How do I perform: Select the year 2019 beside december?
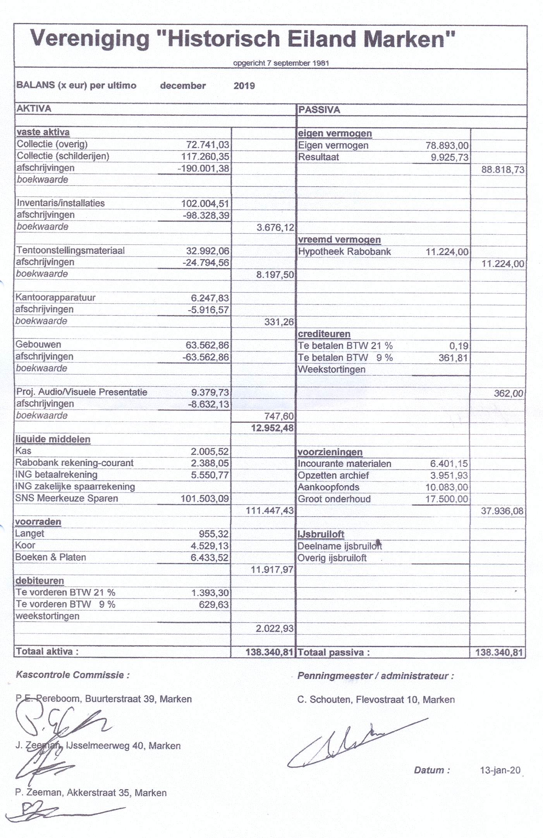point(244,86)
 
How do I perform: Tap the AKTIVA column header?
point(34,108)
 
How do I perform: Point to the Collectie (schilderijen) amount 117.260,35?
point(205,157)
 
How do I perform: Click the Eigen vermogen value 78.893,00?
point(447,146)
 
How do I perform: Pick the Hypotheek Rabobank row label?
point(344,252)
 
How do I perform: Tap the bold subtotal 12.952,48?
point(272,428)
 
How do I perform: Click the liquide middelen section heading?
point(53,439)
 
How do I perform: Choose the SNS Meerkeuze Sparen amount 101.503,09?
point(205,499)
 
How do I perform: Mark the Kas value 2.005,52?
point(210,451)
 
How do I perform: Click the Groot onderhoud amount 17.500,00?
point(447,499)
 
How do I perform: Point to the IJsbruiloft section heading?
point(321,534)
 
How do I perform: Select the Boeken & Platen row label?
point(50,558)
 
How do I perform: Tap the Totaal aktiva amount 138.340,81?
point(269,652)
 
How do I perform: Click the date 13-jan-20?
point(500,770)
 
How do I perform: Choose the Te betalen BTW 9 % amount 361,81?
point(453,358)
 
